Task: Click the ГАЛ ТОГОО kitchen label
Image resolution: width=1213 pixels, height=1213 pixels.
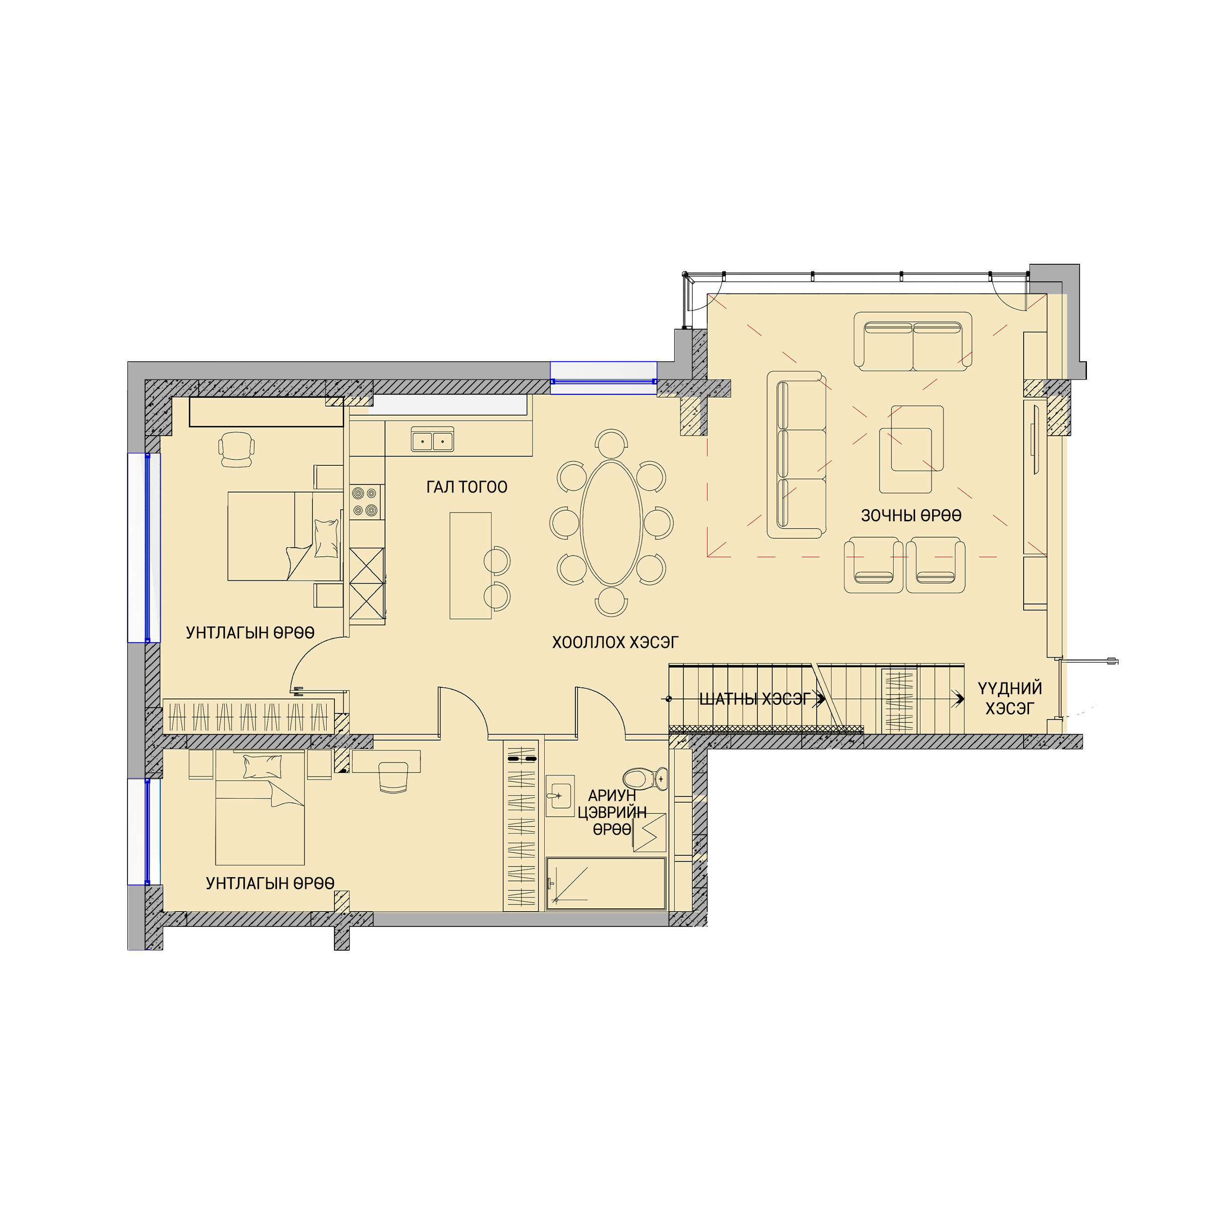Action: (466, 487)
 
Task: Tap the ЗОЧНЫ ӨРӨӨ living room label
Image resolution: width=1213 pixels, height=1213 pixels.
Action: (911, 516)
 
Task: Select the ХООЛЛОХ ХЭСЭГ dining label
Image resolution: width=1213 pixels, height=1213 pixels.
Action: (615, 643)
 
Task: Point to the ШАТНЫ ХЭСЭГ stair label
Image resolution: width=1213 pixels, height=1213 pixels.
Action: (754, 699)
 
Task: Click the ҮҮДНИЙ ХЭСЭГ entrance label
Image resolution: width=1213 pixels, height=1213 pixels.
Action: (1010, 698)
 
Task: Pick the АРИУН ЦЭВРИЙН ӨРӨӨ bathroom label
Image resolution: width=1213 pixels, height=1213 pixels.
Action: (612, 812)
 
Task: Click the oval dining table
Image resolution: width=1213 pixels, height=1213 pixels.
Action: (611, 523)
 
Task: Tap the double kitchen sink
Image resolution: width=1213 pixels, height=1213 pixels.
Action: (433, 440)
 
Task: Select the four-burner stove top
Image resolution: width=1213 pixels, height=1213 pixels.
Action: (366, 502)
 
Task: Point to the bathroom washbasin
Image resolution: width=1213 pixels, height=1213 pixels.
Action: (559, 795)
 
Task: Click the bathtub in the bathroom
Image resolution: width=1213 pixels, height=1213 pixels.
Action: (606, 883)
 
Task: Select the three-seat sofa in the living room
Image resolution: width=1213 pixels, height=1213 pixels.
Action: (797, 455)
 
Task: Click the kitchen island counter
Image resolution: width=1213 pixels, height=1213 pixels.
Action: (470, 566)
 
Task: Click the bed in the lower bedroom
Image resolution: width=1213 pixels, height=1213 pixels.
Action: (260, 808)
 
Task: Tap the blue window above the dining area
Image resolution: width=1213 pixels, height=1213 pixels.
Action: (604, 378)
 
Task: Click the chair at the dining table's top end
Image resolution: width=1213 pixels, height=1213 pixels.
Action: (611, 443)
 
